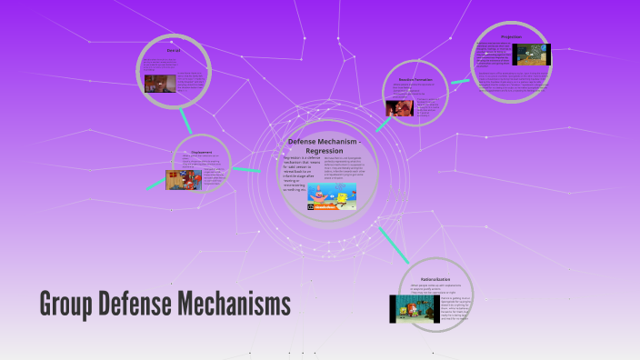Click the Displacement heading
(x=201, y=152)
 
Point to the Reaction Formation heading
(x=415, y=79)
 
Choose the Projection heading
(x=511, y=37)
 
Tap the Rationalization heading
(x=436, y=278)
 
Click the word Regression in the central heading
(x=325, y=150)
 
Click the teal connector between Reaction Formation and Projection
(x=460, y=80)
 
